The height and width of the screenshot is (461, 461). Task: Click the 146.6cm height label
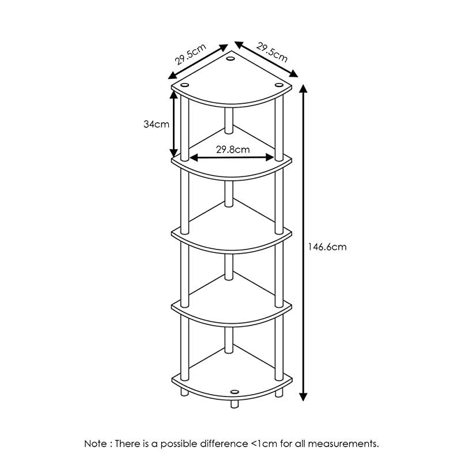(327, 247)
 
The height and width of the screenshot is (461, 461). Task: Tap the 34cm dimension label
(156, 124)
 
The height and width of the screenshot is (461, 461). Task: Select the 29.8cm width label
(233, 150)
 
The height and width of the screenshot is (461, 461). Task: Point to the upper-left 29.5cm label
(191, 54)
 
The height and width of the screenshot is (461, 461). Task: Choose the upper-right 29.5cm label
(272, 52)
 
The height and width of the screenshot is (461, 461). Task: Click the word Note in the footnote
(96, 444)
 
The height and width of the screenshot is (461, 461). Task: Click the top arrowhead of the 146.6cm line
(303, 89)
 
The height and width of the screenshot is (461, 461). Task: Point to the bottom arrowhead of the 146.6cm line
(303, 397)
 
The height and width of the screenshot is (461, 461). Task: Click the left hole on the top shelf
(184, 85)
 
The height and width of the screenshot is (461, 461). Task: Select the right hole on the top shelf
(279, 85)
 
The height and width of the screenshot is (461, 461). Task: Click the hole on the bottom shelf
(235, 392)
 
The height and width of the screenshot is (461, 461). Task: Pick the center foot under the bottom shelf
(235, 404)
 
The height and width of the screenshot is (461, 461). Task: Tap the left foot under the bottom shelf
(184, 392)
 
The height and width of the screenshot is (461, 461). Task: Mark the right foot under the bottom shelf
(279, 393)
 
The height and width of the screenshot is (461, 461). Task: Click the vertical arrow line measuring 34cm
(174, 124)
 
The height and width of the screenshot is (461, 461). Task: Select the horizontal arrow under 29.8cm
(232, 157)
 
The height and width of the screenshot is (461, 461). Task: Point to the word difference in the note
(224, 444)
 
